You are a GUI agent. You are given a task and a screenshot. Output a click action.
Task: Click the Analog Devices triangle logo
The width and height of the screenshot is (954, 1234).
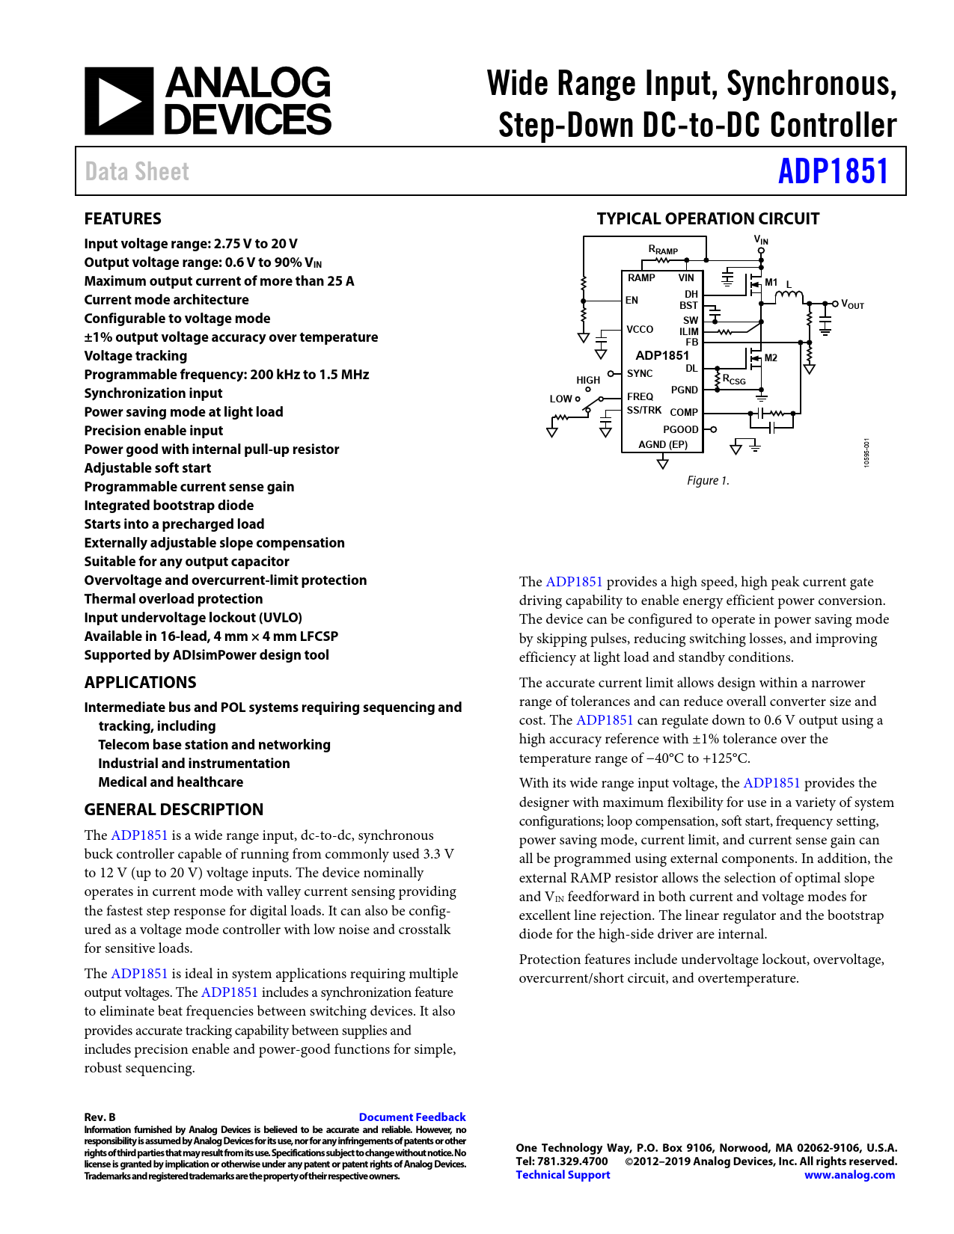pyautogui.click(x=119, y=101)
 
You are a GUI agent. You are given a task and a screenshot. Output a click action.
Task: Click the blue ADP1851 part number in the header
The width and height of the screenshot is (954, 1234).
pyautogui.click(x=833, y=171)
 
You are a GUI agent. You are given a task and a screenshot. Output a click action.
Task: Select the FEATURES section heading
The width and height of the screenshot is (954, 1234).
pyautogui.click(x=123, y=219)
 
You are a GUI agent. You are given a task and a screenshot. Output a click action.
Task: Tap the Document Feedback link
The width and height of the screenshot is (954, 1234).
pyautogui.click(x=412, y=1117)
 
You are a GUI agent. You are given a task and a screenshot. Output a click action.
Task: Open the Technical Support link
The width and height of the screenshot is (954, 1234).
pyautogui.click(x=563, y=1175)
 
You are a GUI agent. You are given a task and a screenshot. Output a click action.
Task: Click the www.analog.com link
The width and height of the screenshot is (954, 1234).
pyautogui.click(x=849, y=1175)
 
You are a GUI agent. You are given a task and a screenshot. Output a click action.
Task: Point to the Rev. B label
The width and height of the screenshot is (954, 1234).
pyautogui.click(x=100, y=1117)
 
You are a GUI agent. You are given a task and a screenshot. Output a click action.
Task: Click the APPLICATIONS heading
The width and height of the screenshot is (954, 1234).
pyautogui.click(x=140, y=683)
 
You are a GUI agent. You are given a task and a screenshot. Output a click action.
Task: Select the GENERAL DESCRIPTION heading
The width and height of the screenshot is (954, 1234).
pyautogui.click(x=174, y=810)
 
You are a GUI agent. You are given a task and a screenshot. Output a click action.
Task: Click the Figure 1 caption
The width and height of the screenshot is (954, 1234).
pyautogui.click(x=708, y=481)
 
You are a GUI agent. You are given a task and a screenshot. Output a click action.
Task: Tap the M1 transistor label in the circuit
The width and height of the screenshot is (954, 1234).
pyautogui.click(x=771, y=283)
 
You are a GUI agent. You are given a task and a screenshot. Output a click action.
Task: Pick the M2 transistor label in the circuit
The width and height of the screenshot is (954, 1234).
pyautogui.click(x=771, y=358)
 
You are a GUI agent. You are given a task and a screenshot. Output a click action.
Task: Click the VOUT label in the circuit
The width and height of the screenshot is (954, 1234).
pyautogui.click(x=852, y=304)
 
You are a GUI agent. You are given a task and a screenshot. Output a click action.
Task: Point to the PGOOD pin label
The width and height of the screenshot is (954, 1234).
pyautogui.click(x=680, y=430)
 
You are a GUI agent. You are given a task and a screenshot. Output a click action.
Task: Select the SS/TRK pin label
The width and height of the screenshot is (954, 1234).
pyautogui.click(x=644, y=411)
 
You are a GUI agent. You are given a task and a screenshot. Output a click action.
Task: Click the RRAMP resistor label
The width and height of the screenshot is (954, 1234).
pyautogui.click(x=663, y=250)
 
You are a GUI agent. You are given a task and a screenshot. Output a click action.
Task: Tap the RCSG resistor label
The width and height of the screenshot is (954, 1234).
pyautogui.click(x=734, y=380)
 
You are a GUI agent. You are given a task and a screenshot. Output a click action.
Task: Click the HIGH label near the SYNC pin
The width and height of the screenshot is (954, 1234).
pyautogui.click(x=588, y=380)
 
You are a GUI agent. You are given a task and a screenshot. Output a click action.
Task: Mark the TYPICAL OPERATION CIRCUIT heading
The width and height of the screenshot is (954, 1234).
pyautogui.click(x=708, y=219)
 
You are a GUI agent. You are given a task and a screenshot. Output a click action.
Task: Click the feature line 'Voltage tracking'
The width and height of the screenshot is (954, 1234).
pyautogui.click(x=135, y=356)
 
